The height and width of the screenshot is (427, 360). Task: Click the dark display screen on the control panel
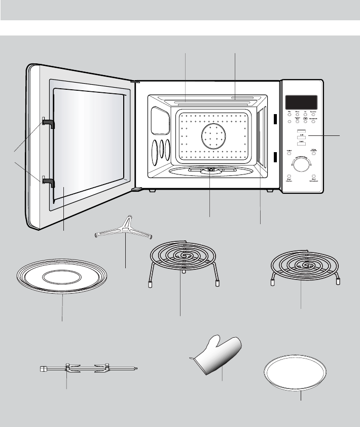click(x=301, y=101)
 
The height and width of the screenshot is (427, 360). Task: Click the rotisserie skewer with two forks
click(x=89, y=369)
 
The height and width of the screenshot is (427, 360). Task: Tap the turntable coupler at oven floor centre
click(x=210, y=170)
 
